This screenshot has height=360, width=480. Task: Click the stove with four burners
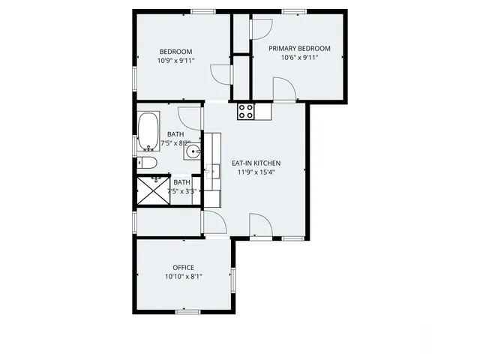(x=245, y=111)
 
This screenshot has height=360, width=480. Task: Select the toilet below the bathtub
(x=148, y=163)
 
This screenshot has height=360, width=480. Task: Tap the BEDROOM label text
(x=175, y=51)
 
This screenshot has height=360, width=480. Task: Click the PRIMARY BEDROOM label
(x=299, y=48)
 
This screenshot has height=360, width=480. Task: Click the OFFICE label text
(x=183, y=268)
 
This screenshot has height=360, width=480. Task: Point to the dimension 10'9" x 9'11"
(x=175, y=61)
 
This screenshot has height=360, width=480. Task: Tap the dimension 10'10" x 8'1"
(x=183, y=277)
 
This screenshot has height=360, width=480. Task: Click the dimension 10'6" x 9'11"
(x=299, y=58)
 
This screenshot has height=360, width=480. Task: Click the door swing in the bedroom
(x=220, y=73)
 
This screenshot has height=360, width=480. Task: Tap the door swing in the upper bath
(x=190, y=118)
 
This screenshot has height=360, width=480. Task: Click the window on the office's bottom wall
(x=186, y=310)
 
